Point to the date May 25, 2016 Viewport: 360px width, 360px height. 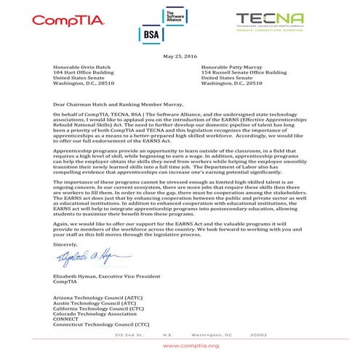(x=180, y=57)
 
